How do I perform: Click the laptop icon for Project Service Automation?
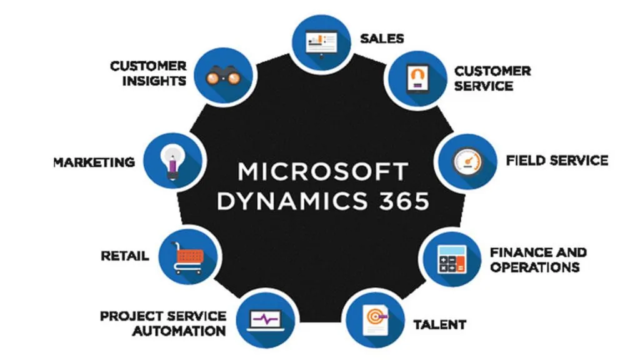click(267, 319)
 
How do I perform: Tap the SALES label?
click(382, 38)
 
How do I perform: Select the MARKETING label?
click(94, 162)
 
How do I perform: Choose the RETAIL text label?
click(125, 256)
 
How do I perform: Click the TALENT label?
click(439, 324)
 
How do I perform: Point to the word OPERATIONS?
click(535, 267)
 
